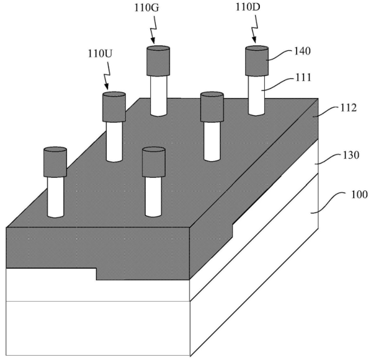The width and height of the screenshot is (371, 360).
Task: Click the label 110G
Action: (x=146, y=8)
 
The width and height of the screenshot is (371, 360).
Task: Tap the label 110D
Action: (x=248, y=7)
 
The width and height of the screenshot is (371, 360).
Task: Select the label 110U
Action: (x=100, y=54)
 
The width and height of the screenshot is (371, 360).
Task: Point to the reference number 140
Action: (x=302, y=51)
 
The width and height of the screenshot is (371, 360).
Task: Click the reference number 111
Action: (x=303, y=77)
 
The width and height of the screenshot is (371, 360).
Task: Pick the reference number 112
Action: (x=348, y=108)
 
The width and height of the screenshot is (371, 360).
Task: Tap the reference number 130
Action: (x=351, y=155)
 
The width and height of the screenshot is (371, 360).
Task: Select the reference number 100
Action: (x=359, y=195)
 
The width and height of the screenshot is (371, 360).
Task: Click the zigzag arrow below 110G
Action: (x=153, y=29)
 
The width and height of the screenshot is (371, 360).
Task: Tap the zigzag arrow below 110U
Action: (x=107, y=75)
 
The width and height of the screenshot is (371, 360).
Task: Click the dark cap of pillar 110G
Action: (x=158, y=61)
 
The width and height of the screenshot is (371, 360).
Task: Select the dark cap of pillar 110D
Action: (x=256, y=61)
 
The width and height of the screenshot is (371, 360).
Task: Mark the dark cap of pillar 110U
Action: (x=114, y=107)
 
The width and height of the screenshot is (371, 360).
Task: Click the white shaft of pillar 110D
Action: (x=256, y=95)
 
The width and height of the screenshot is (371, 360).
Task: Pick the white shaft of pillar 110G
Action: (x=158, y=96)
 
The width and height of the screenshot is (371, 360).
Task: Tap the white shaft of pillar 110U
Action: (x=114, y=142)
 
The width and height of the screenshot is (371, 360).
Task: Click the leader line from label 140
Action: (x=280, y=55)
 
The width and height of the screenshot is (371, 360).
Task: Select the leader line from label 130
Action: (x=328, y=159)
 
